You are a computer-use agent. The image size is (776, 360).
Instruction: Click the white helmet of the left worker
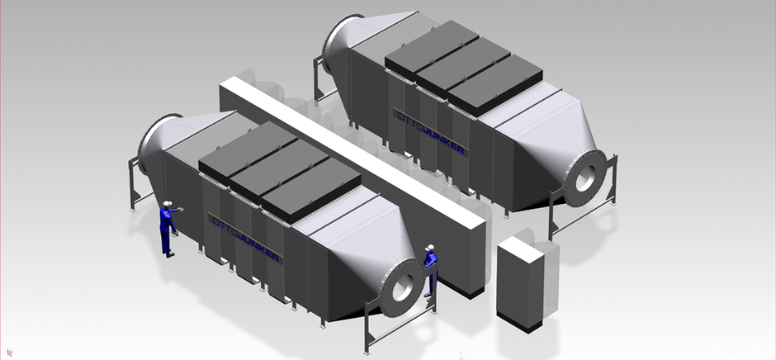pos(168,203)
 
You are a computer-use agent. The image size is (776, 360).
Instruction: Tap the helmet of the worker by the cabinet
pos(431,247)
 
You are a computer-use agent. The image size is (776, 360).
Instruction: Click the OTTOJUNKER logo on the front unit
pos(245,237)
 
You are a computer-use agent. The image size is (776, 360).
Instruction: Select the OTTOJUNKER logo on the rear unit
pos(430,131)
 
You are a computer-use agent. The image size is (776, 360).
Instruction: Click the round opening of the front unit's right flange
pos(402,287)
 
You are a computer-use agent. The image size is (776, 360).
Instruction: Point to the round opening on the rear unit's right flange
pos(585,178)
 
